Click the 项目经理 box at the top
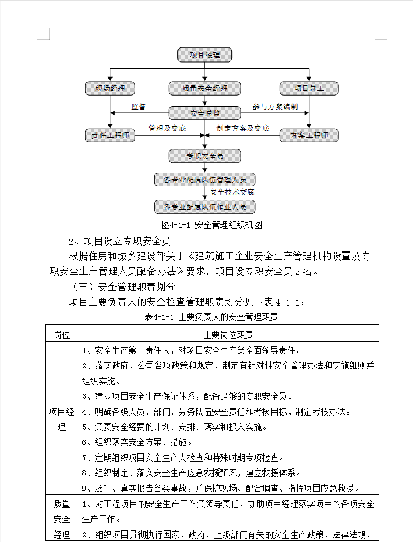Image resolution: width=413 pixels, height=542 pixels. tap(205, 55)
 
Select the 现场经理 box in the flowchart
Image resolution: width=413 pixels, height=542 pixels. tap(110, 89)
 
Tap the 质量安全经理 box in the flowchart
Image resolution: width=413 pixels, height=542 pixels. tap(205, 89)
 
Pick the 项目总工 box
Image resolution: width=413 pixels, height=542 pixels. tap(309, 89)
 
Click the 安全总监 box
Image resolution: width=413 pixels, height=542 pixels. tap(205, 113)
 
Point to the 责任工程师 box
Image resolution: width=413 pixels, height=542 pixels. tap(110, 135)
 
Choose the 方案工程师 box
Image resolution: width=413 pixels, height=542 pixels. tap(309, 135)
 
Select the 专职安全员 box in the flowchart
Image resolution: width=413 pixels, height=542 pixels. tap(205, 156)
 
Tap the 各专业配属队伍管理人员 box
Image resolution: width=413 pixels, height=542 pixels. tap(205, 180)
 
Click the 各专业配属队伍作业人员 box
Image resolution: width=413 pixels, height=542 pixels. tap(205, 207)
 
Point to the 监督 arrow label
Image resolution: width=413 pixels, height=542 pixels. tap(139, 107)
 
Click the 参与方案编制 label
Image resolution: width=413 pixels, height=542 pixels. tap(275, 107)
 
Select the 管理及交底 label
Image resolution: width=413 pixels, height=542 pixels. tap(167, 128)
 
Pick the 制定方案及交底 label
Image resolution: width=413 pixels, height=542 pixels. tap(242, 128)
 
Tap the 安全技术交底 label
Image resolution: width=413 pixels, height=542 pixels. tap(232, 192)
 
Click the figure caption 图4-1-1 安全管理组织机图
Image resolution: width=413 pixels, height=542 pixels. tap(212, 225)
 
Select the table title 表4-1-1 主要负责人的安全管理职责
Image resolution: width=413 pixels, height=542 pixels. tap(211, 317)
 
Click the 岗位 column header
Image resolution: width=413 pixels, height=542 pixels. tap(62, 335)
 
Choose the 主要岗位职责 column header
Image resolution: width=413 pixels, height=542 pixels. tap(228, 335)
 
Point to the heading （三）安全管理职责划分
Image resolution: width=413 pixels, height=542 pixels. tap(124, 287)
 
